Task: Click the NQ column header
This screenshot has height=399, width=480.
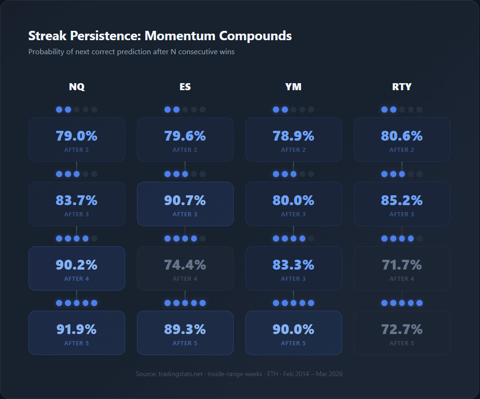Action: (x=77, y=87)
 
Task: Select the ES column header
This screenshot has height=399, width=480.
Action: (x=185, y=87)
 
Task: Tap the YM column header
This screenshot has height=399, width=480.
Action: (x=294, y=87)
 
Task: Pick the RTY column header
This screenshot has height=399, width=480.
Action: (x=402, y=87)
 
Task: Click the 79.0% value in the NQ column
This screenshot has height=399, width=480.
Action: (x=77, y=136)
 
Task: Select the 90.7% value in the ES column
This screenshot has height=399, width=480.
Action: (x=185, y=200)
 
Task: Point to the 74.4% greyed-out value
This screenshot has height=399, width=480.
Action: (x=185, y=265)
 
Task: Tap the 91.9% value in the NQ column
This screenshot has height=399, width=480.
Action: (x=77, y=329)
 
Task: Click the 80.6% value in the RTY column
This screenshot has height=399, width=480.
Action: (x=402, y=136)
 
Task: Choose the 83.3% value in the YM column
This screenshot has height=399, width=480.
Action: (x=294, y=265)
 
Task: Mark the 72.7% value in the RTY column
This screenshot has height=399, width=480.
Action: (x=402, y=329)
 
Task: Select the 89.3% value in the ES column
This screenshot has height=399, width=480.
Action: (x=185, y=329)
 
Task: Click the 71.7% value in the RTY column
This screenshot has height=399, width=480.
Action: (x=402, y=265)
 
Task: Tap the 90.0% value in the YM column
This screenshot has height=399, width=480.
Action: (x=294, y=329)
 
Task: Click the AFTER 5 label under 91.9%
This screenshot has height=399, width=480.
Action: (x=77, y=343)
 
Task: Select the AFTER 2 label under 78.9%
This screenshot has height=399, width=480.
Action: (x=294, y=150)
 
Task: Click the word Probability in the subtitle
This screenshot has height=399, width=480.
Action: (x=46, y=52)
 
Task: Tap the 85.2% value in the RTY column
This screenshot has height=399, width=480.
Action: (x=402, y=200)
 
